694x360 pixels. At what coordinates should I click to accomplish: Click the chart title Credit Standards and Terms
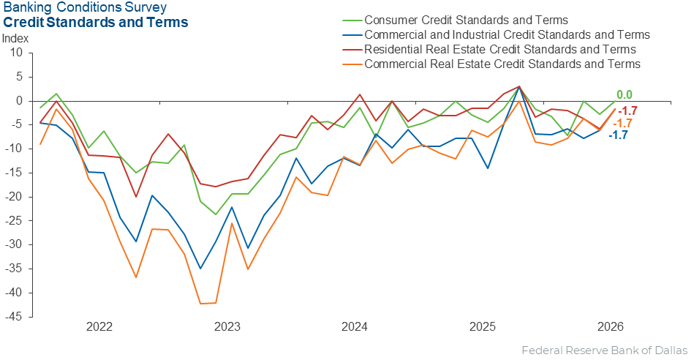tap(96, 22)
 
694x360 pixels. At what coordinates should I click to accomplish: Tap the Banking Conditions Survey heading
tap(85, 7)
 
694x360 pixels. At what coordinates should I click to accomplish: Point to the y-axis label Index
tap(15, 39)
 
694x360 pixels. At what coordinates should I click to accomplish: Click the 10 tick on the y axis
tap(16, 53)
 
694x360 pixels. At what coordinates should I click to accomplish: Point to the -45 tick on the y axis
tap(14, 317)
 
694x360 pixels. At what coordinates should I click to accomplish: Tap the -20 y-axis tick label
tap(14, 197)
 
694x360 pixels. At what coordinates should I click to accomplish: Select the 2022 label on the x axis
tap(99, 327)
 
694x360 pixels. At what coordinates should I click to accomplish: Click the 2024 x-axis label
tap(355, 327)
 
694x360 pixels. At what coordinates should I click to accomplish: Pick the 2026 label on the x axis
tap(611, 327)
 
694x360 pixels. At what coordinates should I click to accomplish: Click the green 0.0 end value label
tap(625, 95)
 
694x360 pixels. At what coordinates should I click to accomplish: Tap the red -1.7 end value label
tap(627, 110)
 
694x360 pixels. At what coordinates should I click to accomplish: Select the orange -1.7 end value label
tap(622, 124)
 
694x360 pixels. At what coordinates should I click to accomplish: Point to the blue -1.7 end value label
tap(619, 135)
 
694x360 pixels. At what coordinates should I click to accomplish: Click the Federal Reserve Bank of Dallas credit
tap(605, 350)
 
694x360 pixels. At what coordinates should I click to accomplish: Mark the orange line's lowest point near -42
tap(200, 304)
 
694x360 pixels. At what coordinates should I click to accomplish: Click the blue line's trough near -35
tap(200, 269)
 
